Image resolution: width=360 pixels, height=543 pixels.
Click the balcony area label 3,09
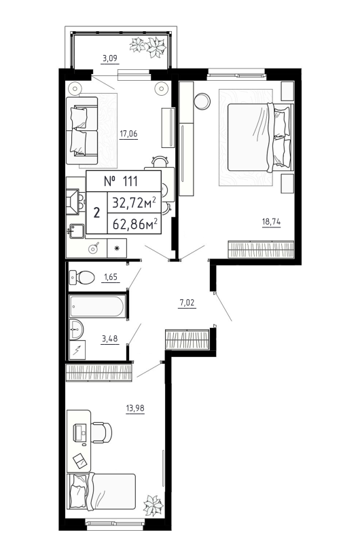(110, 58)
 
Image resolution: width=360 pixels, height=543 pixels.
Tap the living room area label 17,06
(128, 133)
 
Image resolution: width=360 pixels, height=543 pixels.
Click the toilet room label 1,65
(110, 278)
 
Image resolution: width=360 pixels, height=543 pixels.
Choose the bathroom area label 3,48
(109, 339)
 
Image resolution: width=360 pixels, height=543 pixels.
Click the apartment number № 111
(123, 181)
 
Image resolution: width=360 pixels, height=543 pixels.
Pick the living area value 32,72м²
(134, 202)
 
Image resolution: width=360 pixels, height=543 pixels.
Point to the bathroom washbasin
(77, 331)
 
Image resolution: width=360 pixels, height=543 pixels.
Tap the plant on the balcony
(148, 48)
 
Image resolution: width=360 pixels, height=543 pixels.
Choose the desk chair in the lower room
(102, 432)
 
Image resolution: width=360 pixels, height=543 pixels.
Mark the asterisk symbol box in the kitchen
(116, 248)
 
